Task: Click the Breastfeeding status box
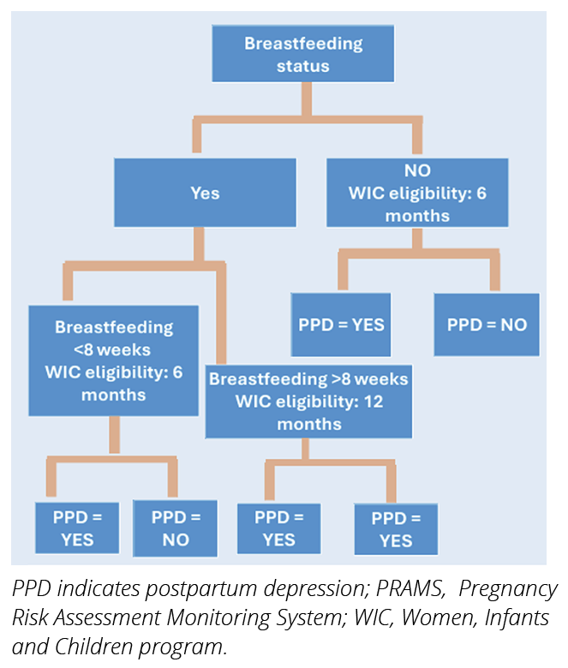tap(303, 54)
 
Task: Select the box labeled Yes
tap(205, 194)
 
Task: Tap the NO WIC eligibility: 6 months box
tap(417, 193)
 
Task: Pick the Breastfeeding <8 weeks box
tap(114, 361)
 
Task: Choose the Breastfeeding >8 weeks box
tap(308, 402)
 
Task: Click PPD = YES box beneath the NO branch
tap(341, 325)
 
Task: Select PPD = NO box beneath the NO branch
tap(487, 325)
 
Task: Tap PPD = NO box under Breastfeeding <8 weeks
tap(175, 528)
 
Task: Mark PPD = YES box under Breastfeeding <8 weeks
tap(77, 528)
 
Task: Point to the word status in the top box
tap(302, 65)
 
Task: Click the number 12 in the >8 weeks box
tap(374, 402)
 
